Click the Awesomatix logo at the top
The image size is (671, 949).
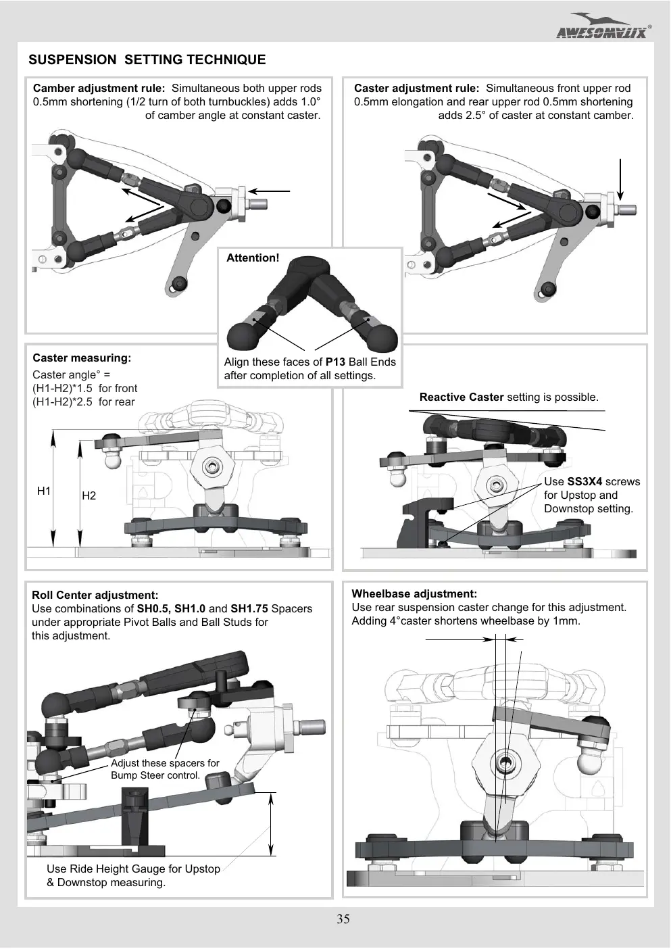point(604,26)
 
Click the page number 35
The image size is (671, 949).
point(343,919)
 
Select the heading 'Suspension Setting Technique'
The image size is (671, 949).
point(147,59)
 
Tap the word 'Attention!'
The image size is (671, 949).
point(253,258)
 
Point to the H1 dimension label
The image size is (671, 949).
point(44,491)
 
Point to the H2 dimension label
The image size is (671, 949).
point(89,495)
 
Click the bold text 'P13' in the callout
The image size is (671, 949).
point(335,362)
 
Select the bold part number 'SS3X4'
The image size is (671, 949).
point(585,482)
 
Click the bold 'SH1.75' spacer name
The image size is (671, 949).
point(249,609)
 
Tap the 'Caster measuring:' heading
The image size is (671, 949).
point(82,358)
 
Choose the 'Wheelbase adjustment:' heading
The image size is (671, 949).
point(414,594)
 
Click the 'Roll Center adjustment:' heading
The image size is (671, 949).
point(95,595)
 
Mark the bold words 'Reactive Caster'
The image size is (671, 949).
point(462,397)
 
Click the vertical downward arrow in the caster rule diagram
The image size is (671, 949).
point(620,179)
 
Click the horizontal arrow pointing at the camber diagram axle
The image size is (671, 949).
point(269,191)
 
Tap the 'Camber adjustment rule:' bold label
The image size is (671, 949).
point(99,89)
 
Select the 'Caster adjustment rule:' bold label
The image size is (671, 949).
point(417,89)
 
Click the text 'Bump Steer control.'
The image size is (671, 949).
point(155,775)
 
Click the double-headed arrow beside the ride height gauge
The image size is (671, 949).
point(271,825)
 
